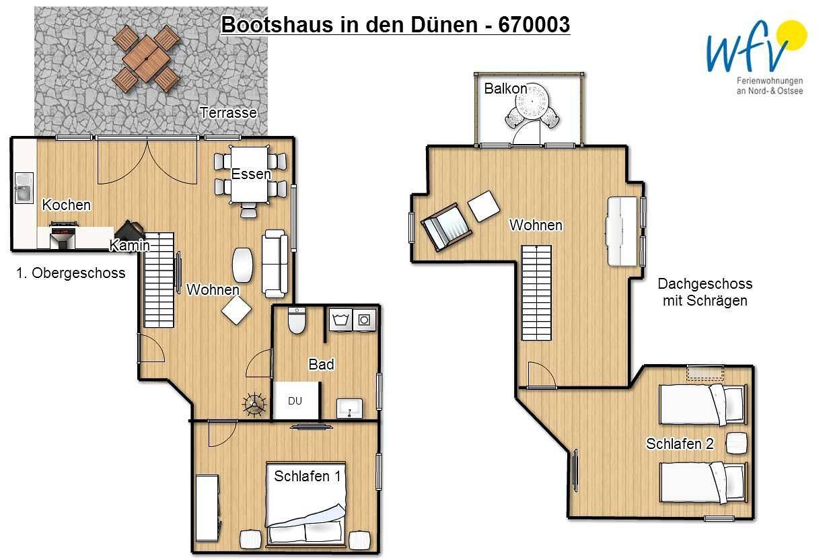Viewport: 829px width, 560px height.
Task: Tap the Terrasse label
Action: [228, 113]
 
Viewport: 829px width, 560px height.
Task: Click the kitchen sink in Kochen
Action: [24, 188]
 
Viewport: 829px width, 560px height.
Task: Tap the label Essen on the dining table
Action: [251, 174]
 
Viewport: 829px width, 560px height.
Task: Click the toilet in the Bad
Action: [297, 320]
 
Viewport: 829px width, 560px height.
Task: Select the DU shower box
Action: [295, 400]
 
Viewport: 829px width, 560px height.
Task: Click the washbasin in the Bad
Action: [350, 408]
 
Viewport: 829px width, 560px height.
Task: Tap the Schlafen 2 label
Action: [680, 444]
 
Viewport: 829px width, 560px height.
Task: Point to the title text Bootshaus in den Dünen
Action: [395, 25]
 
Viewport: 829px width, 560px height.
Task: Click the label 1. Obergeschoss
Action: [71, 273]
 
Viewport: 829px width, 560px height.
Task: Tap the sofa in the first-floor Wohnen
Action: [275, 263]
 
